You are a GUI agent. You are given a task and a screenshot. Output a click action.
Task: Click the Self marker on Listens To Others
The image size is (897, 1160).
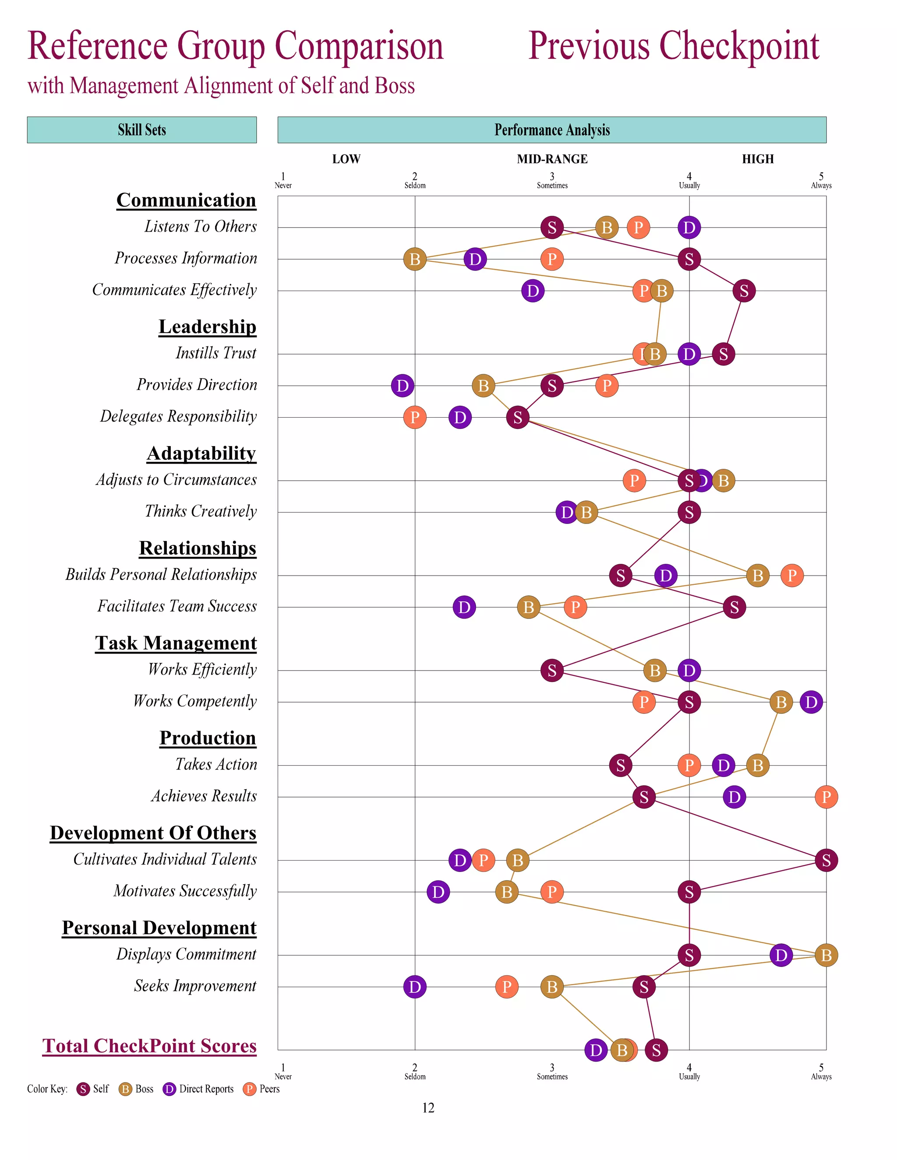[x=551, y=227]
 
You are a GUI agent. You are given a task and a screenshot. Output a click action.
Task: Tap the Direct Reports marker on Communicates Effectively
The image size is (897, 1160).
[x=533, y=291]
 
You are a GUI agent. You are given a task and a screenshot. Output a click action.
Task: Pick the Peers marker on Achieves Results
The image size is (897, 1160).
[x=826, y=797]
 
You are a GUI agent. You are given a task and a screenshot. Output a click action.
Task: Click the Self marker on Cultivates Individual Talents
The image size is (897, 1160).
[x=826, y=860]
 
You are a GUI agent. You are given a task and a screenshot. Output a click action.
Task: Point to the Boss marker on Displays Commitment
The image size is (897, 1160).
[x=826, y=955]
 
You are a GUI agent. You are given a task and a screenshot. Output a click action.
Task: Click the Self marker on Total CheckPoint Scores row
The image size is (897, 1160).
[x=656, y=1050]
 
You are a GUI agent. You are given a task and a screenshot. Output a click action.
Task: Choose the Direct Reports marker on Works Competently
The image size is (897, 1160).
[x=811, y=702]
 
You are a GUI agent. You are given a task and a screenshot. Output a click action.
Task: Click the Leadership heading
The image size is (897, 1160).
[x=207, y=326]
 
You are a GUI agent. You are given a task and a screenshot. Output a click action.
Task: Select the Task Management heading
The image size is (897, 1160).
[x=176, y=643]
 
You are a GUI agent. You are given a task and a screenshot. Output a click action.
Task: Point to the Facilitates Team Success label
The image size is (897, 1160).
[x=177, y=606]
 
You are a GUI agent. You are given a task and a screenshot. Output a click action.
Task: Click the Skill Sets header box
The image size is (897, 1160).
[x=142, y=130]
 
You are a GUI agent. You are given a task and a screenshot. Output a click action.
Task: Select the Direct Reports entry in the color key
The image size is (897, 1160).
[x=198, y=1089]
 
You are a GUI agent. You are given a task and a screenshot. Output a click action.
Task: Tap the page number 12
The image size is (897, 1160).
[x=428, y=1107]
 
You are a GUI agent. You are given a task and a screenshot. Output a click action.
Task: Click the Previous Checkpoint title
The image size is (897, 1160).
[x=673, y=46]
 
